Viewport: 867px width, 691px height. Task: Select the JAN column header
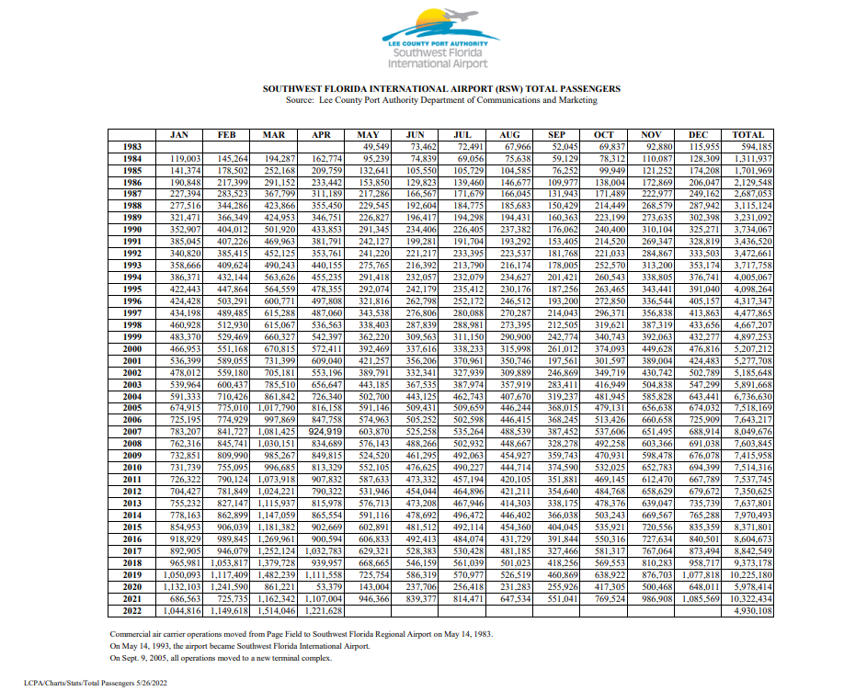tap(179, 134)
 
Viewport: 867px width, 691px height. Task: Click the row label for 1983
tap(131, 146)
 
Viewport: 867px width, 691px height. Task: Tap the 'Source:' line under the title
tap(440, 99)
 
